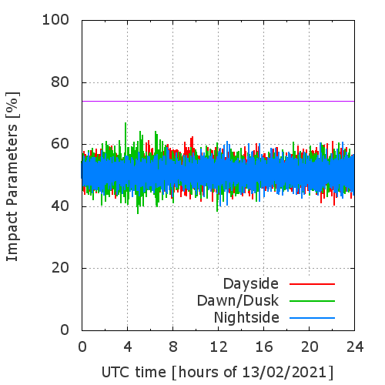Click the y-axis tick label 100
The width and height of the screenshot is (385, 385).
pos(55,20)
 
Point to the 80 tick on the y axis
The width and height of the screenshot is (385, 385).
pos(60,82)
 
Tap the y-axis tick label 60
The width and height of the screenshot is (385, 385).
pos(60,144)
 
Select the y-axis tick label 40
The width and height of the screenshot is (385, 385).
pos(60,206)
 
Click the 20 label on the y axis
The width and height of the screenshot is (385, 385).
pos(60,268)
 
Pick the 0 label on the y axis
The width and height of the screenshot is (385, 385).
pos(65,330)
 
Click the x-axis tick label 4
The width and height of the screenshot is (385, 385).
pos(128,347)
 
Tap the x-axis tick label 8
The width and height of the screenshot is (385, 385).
pos(173,347)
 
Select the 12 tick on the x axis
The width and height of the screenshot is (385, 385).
pos(219,347)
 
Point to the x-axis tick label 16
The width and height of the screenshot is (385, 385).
pos(264,347)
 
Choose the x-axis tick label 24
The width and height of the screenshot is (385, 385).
pos(355,347)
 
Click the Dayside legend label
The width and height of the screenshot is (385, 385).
pos(251,284)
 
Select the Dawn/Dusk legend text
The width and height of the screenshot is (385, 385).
pos(238,301)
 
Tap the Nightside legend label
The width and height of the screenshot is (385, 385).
pos(246,318)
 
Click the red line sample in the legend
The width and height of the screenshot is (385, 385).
pos(312,284)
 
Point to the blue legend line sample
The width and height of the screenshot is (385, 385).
pos(312,318)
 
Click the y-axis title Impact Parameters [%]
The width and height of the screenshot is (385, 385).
pos(12,176)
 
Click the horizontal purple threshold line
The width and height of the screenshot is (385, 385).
pos(218,101)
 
